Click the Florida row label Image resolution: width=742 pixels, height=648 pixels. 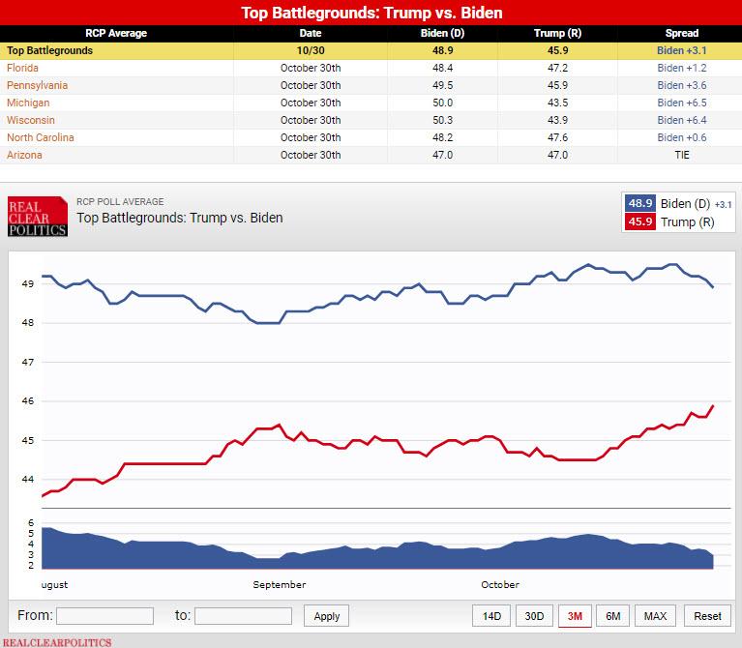(x=23, y=68)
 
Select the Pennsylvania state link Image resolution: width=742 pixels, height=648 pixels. (x=37, y=85)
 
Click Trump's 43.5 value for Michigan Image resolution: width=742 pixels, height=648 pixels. (x=549, y=103)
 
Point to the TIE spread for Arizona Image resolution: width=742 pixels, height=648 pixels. (x=683, y=155)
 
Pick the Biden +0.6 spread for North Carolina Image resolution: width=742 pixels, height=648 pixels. (x=683, y=137)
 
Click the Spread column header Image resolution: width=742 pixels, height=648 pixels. (x=683, y=33)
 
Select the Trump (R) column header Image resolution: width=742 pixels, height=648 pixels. (x=549, y=33)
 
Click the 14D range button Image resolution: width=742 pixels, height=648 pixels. (x=491, y=616)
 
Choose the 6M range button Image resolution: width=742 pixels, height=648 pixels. (x=613, y=616)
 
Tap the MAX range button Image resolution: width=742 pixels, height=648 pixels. (x=655, y=616)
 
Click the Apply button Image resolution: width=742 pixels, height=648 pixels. (x=327, y=616)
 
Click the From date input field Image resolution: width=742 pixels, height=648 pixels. (x=104, y=616)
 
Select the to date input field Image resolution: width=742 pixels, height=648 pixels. (x=243, y=616)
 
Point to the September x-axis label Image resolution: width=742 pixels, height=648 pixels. (x=280, y=584)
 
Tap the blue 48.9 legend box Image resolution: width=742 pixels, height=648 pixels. (x=640, y=203)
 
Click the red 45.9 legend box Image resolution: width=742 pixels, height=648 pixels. (x=640, y=221)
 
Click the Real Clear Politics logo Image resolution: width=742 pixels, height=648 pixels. (x=37, y=217)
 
